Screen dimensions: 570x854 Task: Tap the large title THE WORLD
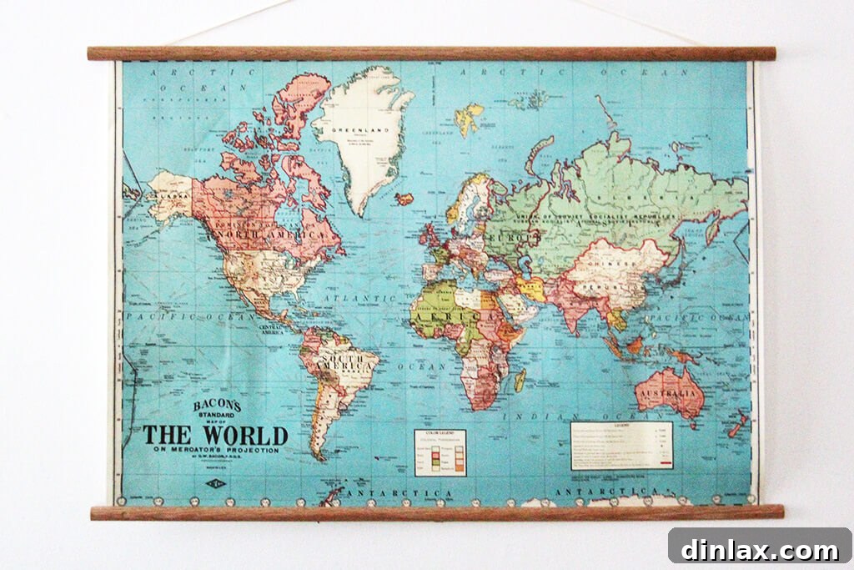point(215,436)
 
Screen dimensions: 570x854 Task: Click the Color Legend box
point(440,452)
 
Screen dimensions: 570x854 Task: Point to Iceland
point(404,199)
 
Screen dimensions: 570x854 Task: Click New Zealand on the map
point(737,425)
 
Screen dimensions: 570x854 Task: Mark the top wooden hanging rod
point(431,53)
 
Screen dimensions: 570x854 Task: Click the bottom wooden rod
point(437,512)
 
